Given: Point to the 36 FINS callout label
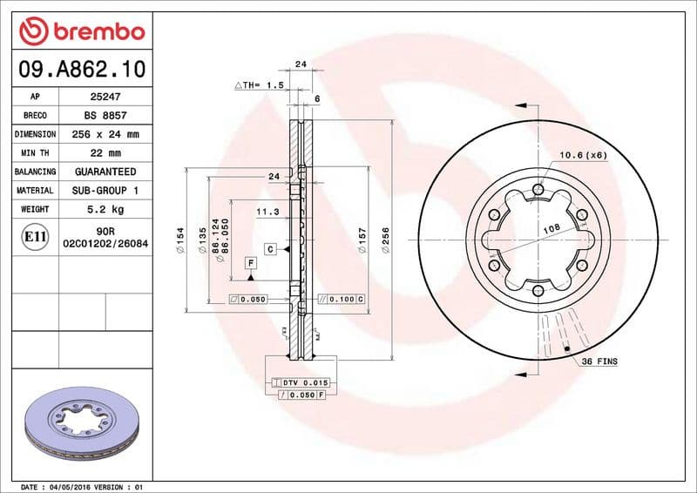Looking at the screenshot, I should [600, 360].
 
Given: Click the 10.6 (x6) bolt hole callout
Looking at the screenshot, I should [583, 156].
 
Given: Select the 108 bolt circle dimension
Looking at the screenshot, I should [551, 227].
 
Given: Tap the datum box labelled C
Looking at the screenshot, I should [271, 249].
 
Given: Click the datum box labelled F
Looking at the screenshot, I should [251, 262].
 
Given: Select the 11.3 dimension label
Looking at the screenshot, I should [267, 212].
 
